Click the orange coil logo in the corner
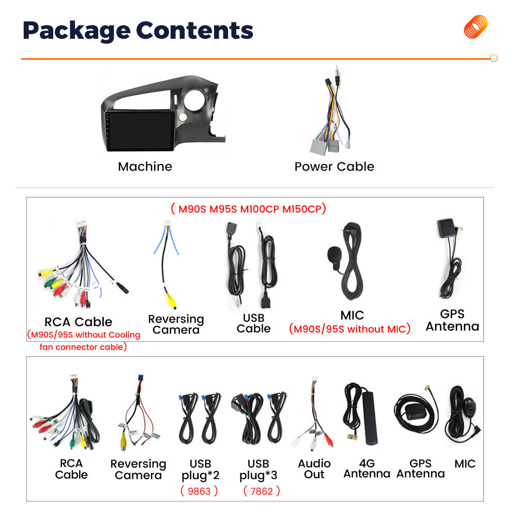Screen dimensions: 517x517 pos(476,27)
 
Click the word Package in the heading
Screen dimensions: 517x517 pos(77,31)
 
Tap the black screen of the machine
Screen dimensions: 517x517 pos(141,130)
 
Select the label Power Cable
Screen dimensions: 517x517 pos(334,167)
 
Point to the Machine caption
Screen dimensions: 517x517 pos(145,167)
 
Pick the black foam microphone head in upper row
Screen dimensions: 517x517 pos(334,254)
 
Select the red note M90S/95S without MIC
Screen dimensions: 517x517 pos(350,329)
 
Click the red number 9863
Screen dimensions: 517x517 pos(199,491)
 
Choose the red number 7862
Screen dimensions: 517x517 pos(262,491)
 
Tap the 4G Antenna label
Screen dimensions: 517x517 pos(367,468)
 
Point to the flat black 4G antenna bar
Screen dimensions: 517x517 pos(370,418)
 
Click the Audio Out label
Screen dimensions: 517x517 pos(314,469)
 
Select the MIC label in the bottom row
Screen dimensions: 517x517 pos(465,464)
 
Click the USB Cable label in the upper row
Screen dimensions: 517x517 pos(253,323)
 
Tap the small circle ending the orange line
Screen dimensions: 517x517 pos(494,58)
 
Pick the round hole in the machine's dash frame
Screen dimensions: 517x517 pos(194,99)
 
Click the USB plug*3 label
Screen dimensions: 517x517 pos(258,469)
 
